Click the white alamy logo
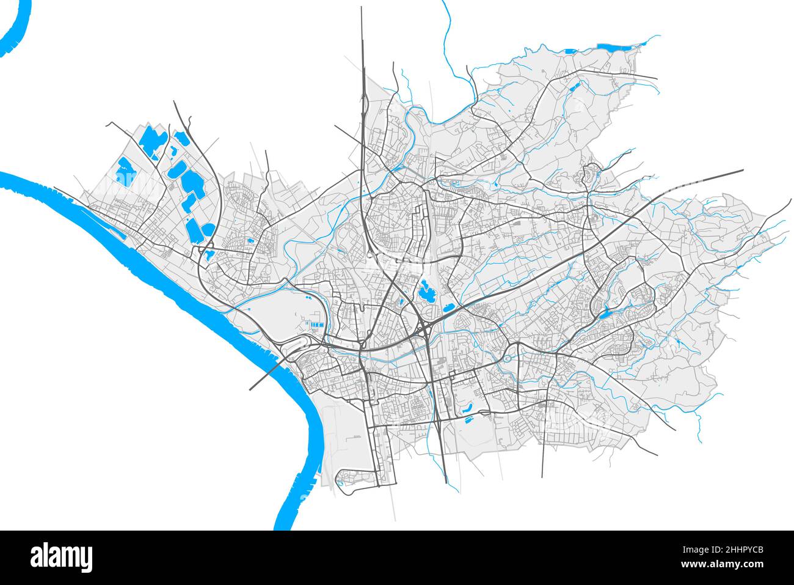pyautogui.click(x=62, y=557)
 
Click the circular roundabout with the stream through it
pyautogui.click(x=508, y=358)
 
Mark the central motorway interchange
pyautogui.click(x=423, y=330)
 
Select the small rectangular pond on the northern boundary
pyautogui.click(x=570, y=51)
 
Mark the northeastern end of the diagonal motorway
pyautogui.click(x=742, y=171)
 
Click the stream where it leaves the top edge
pyautogui.click(x=443, y=3)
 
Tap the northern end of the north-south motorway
pyautogui.click(x=361, y=9)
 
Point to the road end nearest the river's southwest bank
pyautogui.click(x=251, y=389)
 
